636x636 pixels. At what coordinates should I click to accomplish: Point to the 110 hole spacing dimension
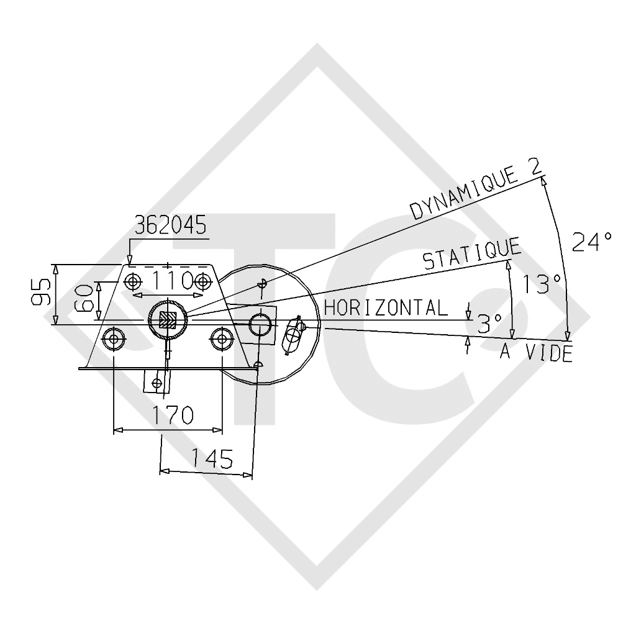pyautogui.click(x=166, y=281)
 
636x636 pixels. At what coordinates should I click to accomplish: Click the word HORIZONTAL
pyautogui.click(x=386, y=307)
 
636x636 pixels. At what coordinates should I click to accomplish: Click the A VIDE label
pyautogui.click(x=536, y=353)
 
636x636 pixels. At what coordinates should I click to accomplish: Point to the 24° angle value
pyautogui.click(x=591, y=241)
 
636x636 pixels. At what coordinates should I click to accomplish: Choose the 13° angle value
pyautogui.click(x=541, y=284)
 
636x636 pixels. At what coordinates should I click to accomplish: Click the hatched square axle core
pyautogui.click(x=167, y=320)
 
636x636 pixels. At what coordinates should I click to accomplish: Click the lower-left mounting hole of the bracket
pyautogui.click(x=114, y=339)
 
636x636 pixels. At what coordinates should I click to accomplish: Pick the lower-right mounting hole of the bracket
pyautogui.click(x=221, y=338)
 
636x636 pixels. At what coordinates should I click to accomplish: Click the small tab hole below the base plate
pyautogui.click(x=155, y=381)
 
